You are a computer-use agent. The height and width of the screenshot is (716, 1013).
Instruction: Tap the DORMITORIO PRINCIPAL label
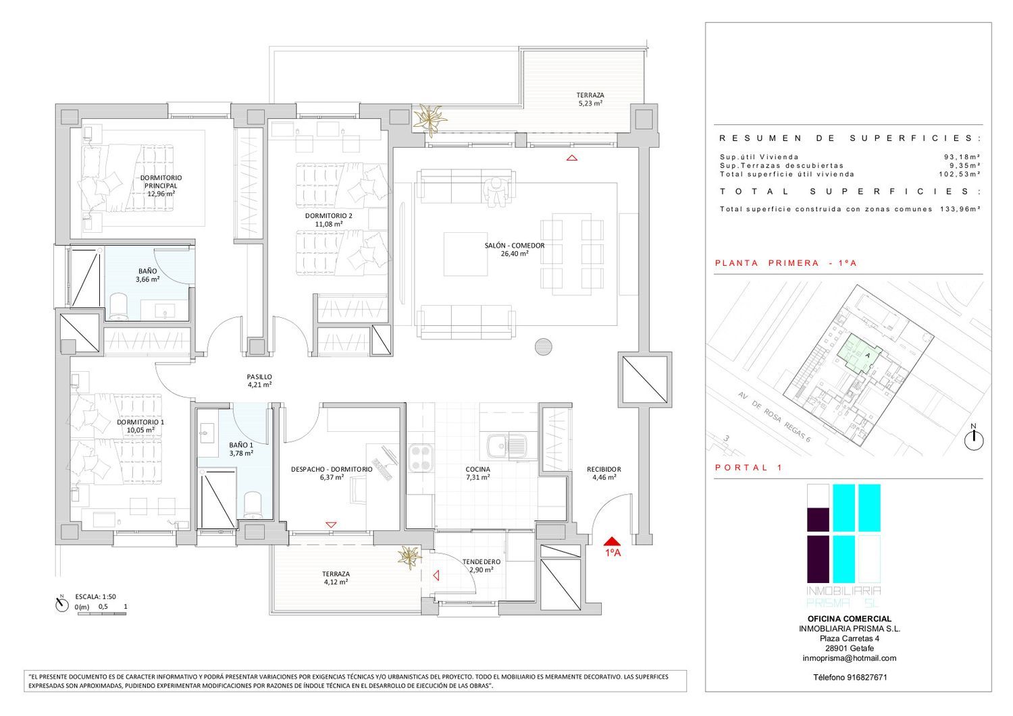[161, 182]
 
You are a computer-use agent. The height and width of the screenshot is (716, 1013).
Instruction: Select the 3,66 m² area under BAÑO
[147, 279]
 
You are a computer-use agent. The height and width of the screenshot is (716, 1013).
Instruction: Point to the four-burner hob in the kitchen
[421, 458]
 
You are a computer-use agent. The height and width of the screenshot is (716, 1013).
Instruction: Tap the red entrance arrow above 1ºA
[612, 541]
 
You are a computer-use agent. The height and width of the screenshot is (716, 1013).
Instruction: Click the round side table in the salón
[543, 347]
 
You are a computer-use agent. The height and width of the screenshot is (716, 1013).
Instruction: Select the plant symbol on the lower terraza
[410, 558]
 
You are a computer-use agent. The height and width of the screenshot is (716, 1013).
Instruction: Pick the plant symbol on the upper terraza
[430, 119]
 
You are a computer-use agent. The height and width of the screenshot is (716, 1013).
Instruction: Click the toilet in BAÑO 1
[253, 505]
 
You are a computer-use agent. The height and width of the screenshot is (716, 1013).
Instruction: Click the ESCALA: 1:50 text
[95, 597]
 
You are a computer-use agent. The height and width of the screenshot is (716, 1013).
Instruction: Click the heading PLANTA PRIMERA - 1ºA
[786, 263]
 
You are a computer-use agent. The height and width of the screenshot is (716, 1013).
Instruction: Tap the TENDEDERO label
[481, 562]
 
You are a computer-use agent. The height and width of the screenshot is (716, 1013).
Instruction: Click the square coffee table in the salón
[465, 254]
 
